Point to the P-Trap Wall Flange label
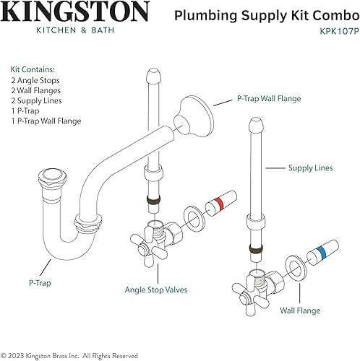[x=268, y=98]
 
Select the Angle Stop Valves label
[x=157, y=290]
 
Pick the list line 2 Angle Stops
[x=35, y=79]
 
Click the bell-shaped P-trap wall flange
[x=193, y=113]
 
